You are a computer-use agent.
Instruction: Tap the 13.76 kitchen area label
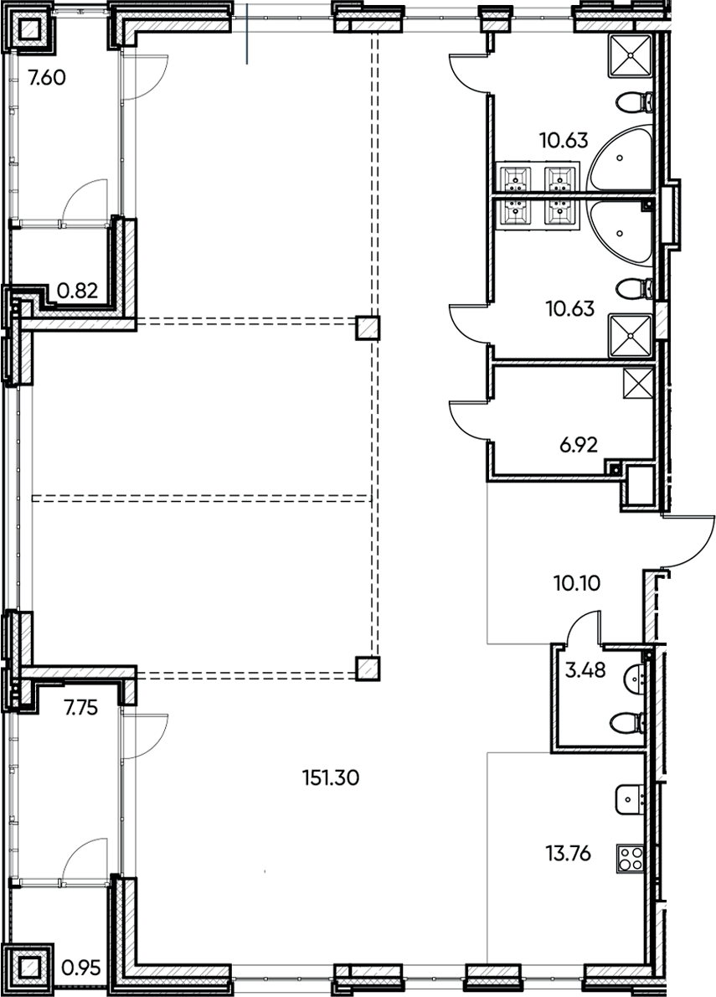tap(568, 854)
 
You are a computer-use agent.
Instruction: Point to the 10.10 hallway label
tap(576, 581)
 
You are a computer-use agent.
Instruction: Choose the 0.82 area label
tap(77, 292)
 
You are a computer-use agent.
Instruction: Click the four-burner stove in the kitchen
tap(630, 858)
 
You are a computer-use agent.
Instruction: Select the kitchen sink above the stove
tap(628, 800)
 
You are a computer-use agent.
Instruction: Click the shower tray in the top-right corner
tap(630, 54)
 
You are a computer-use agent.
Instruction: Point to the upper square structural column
tap(366, 327)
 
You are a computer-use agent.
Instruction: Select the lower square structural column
tap(366, 668)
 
